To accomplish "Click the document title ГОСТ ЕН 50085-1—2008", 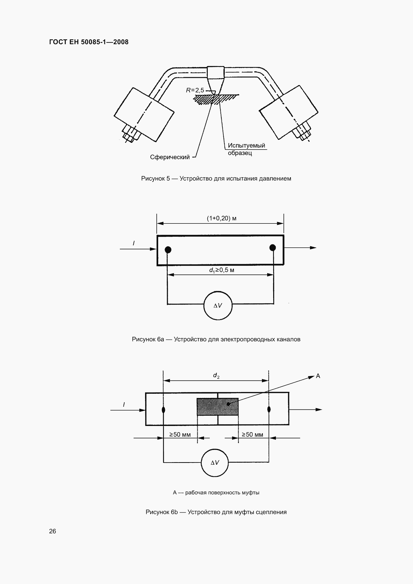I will [89, 42].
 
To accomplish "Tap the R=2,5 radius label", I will [195, 90].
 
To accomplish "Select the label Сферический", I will [170, 157].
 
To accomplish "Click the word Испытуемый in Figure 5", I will [246, 146].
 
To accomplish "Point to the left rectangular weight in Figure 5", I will [144, 114].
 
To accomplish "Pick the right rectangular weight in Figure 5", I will [288, 112].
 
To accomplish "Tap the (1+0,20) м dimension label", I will [221, 218].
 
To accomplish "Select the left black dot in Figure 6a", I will [168, 250].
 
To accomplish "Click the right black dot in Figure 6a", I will [273, 247].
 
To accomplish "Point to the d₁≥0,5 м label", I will [221, 270].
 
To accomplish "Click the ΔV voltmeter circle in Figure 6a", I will [218, 305].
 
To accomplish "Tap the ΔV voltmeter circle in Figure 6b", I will [215, 463].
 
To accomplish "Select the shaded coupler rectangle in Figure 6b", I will [217, 407].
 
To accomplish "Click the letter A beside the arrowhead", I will [318, 376].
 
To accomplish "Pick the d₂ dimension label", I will [216, 376].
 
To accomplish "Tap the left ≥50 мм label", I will [180, 434].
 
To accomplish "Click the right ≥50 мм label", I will [252, 434].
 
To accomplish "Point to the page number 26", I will [52, 531].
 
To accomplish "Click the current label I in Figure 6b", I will [124, 404].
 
